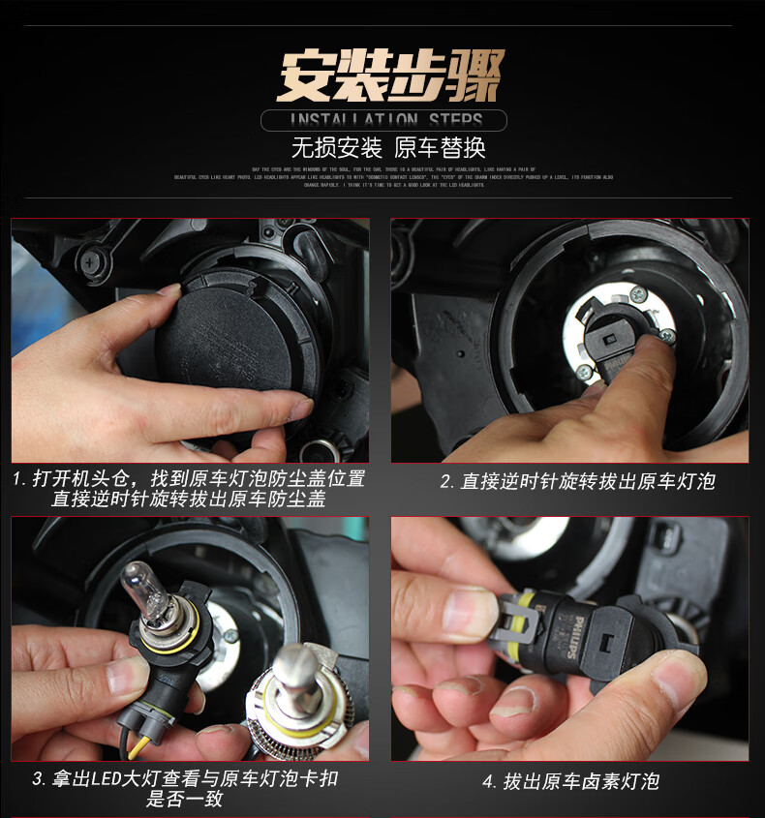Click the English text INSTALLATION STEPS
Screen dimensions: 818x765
click(x=386, y=120)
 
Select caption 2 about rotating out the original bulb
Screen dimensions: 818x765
click(x=577, y=481)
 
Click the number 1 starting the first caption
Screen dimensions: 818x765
click(x=18, y=479)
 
